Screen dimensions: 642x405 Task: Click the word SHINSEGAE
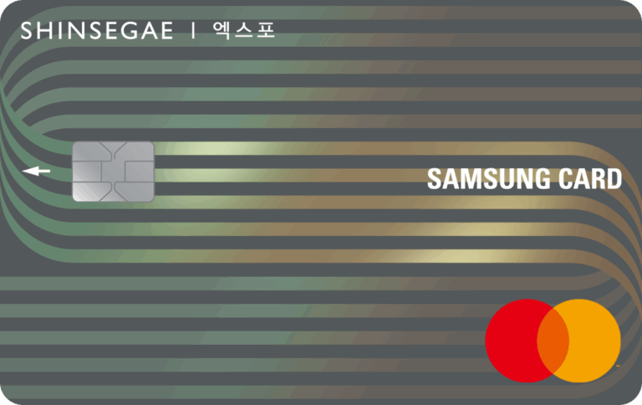[97, 31]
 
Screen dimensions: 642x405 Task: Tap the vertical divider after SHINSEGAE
[193, 31]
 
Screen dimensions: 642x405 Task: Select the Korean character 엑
[222, 30]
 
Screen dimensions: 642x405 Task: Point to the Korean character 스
[243, 30]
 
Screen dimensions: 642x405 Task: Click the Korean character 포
[266, 30]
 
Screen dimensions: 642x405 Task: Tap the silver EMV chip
[114, 172]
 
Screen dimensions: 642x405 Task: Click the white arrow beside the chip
[37, 171]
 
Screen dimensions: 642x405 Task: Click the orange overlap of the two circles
[553, 341]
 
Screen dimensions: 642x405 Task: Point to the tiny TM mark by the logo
[618, 366]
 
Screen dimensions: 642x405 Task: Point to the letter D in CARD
[614, 179]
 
